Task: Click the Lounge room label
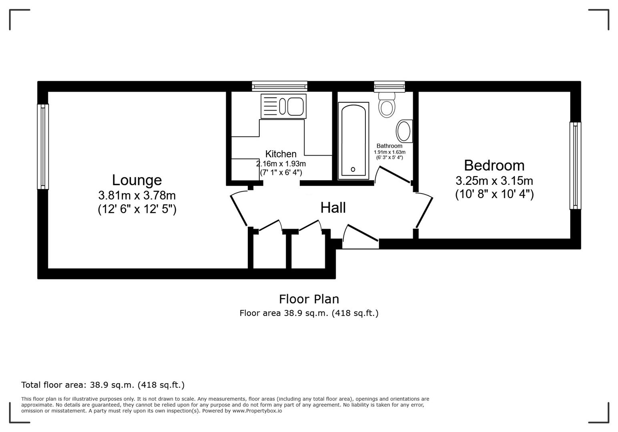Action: [x=137, y=180]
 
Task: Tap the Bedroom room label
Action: [x=494, y=165]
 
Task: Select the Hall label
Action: [x=333, y=208]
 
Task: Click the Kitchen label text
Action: [x=281, y=154]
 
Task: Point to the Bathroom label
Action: [x=389, y=146]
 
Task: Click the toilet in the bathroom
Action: [x=387, y=105]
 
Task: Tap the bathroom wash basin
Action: [x=404, y=131]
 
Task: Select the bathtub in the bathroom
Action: [x=353, y=140]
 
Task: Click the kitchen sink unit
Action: [x=283, y=106]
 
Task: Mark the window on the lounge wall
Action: [x=43, y=146]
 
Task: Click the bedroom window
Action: [x=575, y=165]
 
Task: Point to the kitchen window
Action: [x=279, y=86]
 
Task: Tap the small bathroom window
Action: [x=389, y=86]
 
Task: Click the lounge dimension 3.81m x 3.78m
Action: [x=137, y=196]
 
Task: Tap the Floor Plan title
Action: [x=309, y=299]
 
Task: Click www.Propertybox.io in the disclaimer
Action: [x=257, y=411]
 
